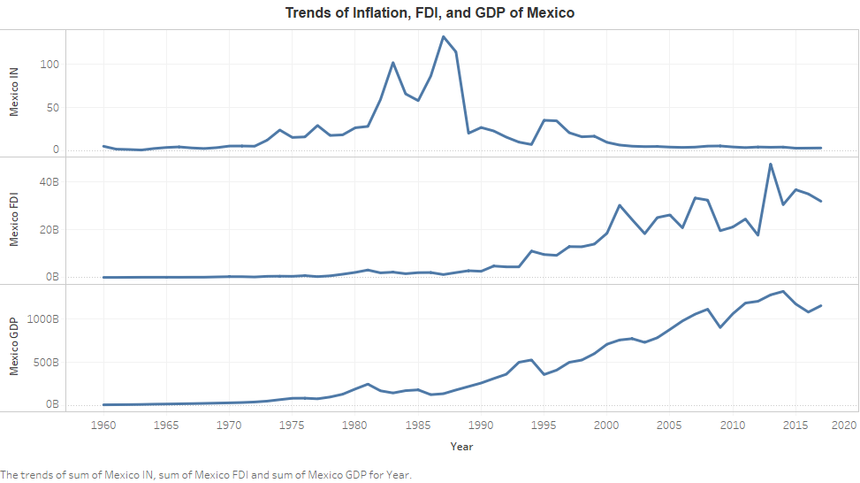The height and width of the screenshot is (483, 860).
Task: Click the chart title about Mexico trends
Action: pos(430,12)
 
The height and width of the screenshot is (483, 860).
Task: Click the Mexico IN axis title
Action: pos(14,92)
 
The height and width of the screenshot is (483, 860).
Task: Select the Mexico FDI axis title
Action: pos(14,220)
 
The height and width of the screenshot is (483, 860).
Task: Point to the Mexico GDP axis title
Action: pos(14,347)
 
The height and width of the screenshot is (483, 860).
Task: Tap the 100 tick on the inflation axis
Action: pos(49,65)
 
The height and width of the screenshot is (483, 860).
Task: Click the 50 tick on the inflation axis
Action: pos(52,108)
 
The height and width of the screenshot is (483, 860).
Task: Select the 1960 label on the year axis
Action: pos(104,425)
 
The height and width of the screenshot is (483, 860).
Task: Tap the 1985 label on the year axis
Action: pos(418,425)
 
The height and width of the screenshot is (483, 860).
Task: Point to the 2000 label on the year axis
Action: pos(606,425)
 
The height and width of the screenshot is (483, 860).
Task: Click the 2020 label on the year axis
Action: pos(845,425)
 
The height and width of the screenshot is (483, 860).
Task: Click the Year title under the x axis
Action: pos(461,447)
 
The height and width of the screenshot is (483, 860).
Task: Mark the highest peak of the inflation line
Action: pos(443,37)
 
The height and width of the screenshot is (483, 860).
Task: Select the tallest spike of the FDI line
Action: pos(771,164)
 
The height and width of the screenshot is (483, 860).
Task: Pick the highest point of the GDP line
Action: pos(783,291)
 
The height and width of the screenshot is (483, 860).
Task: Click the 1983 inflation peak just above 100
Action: pos(393,63)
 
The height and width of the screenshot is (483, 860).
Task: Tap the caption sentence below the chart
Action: pos(207,475)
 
